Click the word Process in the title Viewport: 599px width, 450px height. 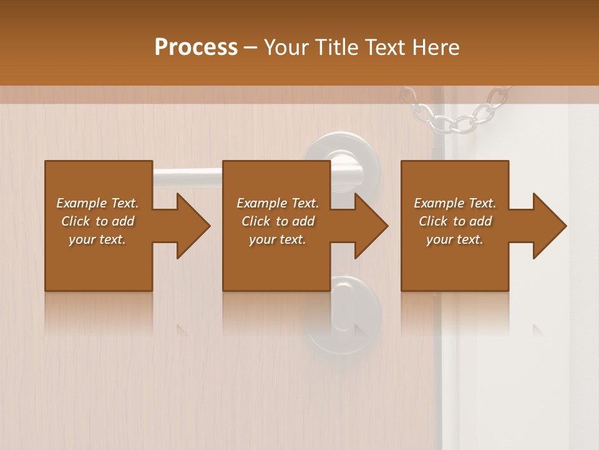[196, 47]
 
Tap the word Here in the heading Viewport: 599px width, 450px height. [436, 47]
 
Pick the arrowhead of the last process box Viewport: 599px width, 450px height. [549, 226]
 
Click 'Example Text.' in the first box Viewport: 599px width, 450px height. [97, 203]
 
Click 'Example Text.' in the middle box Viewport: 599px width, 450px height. [278, 203]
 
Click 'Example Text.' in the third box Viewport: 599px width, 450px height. [455, 203]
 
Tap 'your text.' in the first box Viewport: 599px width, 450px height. [97, 239]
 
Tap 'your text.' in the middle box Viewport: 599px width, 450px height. [278, 239]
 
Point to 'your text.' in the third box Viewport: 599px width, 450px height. [455, 239]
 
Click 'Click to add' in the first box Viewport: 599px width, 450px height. [97, 221]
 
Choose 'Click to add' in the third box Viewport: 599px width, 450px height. [455, 221]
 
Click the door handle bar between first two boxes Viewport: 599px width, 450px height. [187, 177]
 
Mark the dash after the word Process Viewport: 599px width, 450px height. [251, 47]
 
